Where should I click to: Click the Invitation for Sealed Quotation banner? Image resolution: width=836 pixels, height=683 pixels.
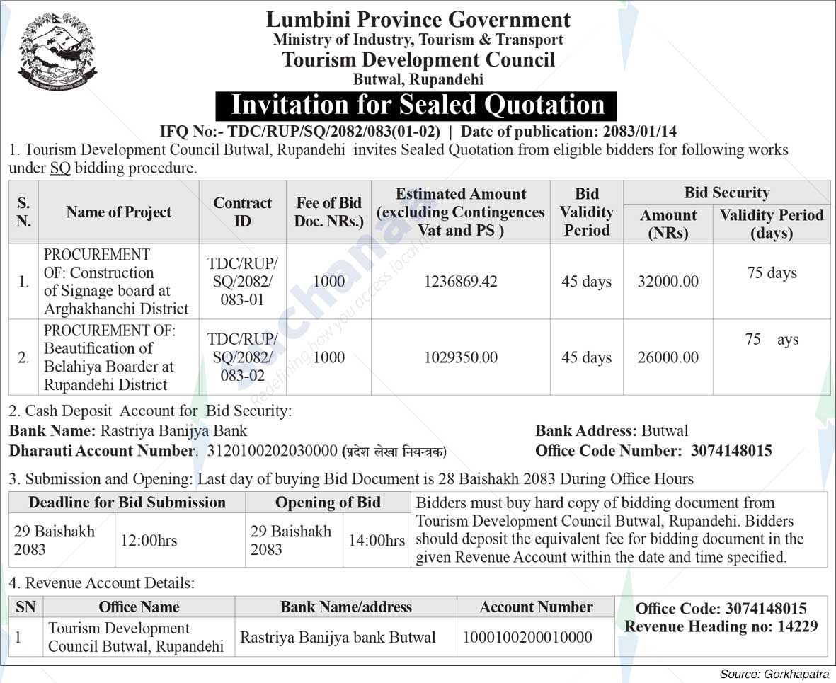pyautogui.click(x=418, y=105)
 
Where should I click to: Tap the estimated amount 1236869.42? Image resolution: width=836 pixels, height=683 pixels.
pyautogui.click(x=461, y=282)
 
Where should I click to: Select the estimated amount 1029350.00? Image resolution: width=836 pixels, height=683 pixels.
pyautogui.click(x=461, y=357)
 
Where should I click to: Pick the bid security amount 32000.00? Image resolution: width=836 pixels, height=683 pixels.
pyautogui.click(x=668, y=282)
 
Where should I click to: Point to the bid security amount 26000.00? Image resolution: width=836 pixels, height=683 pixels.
pyautogui.click(x=668, y=357)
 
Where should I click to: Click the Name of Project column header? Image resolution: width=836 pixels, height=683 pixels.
pyautogui.click(x=119, y=212)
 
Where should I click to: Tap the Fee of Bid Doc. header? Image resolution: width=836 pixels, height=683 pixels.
pyautogui.click(x=328, y=212)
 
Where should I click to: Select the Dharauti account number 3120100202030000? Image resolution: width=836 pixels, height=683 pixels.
pyautogui.click(x=272, y=451)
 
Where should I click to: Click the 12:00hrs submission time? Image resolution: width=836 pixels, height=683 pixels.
pyautogui.click(x=149, y=541)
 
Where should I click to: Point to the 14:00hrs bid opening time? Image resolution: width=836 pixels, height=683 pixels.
pyautogui.click(x=377, y=541)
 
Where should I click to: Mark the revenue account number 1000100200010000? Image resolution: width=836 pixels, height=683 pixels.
pyautogui.click(x=527, y=637)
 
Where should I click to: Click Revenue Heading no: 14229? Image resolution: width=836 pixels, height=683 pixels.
pyautogui.click(x=721, y=626)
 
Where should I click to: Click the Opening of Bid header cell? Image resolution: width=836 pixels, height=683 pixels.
pyautogui.click(x=328, y=503)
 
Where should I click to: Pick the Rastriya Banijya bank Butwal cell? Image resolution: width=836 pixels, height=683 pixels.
pyautogui.click(x=338, y=637)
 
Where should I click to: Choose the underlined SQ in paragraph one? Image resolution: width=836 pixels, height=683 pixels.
pyautogui.click(x=59, y=169)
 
